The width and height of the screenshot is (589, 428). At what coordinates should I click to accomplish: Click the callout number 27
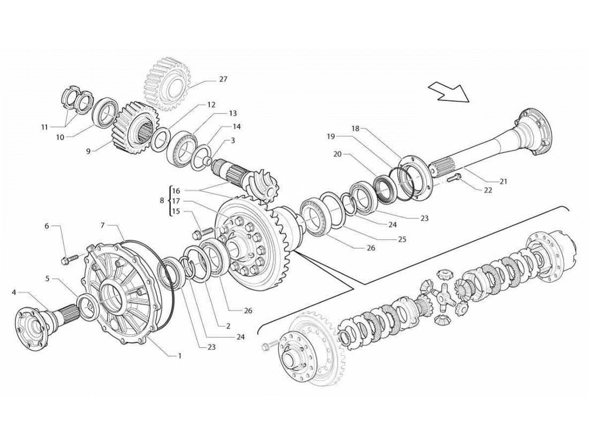coord(223,79)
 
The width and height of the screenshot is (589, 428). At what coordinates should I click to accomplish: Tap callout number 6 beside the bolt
coord(47,226)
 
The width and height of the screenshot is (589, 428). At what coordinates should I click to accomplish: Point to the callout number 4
coord(14,292)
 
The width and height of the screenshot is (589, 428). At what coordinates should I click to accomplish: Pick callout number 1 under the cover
coord(180,356)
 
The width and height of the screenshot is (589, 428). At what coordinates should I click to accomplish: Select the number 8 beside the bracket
coord(162,201)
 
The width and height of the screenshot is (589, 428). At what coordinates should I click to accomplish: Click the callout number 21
coord(503,181)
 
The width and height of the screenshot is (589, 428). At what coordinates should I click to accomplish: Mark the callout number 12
coord(211,105)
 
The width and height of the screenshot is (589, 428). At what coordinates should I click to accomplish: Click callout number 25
coord(402,239)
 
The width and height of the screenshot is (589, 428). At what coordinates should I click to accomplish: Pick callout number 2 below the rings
coord(228,326)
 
